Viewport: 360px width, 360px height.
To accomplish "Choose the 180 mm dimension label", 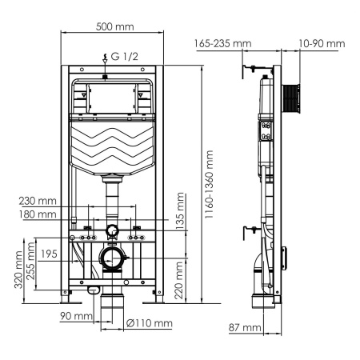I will click(x=40, y=214).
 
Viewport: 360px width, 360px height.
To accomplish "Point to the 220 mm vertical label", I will click(x=182, y=280).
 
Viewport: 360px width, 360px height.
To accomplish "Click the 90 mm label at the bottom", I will click(x=76, y=316).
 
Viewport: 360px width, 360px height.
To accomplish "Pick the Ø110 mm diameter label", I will click(x=149, y=323).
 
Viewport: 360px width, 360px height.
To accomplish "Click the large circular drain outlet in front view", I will click(x=113, y=259).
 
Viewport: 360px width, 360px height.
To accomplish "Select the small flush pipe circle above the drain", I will click(x=113, y=233).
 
